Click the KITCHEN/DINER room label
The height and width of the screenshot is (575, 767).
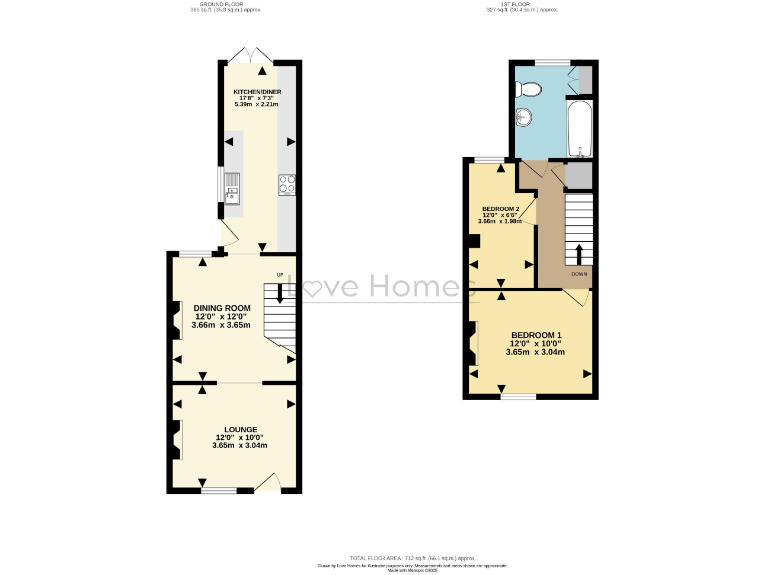click(257, 91)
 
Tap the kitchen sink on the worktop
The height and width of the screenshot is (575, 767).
click(232, 183)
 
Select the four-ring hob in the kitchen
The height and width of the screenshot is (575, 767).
click(286, 183)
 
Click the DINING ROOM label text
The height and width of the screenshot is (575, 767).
click(222, 308)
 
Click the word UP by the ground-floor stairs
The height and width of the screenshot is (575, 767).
click(280, 274)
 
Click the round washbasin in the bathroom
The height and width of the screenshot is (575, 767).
click(523, 118)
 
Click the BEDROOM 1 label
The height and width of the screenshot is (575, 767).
click(536, 334)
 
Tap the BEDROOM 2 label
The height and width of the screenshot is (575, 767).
click(501, 209)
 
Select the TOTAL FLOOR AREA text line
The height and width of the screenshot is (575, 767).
click(383, 556)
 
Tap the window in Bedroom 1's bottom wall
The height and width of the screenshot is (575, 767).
click(518, 397)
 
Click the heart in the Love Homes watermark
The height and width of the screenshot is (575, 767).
click(311, 287)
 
